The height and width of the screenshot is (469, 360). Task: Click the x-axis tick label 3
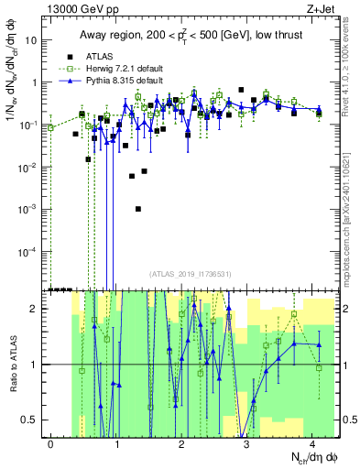click(247, 444)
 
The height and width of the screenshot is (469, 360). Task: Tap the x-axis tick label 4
click(312, 444)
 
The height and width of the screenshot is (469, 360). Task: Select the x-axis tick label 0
click(51, 444)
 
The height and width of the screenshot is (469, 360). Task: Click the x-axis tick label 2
click(182, 444)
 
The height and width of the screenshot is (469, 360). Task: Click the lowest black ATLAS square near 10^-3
click(137, 209)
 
